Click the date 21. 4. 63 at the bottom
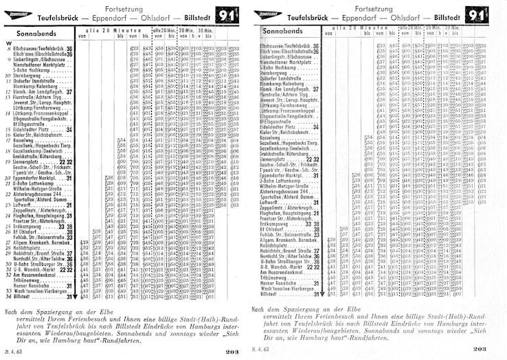coord(13,350)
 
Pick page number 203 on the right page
coord(479,350)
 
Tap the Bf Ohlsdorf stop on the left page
coord(27,232)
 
